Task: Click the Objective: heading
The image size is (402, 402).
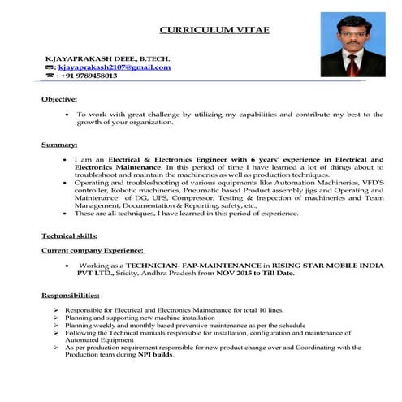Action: point(59,99)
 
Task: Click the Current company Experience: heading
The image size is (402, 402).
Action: point(93,251)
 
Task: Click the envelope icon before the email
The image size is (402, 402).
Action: point(50,67)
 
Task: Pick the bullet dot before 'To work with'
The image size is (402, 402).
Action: point(66,115)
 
